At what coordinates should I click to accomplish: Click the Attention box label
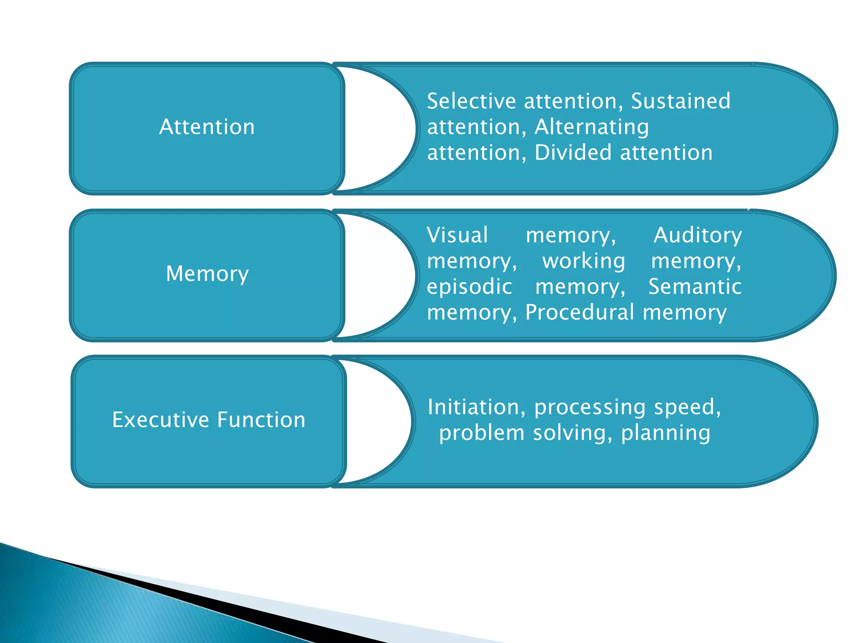click(x=207, y=127)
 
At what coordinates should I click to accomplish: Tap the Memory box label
click(x=208, y=274)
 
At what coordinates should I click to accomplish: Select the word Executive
click(x=159, y=420)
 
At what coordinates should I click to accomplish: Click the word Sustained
click(x=680, y=101)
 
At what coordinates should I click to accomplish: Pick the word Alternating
click(x=592, y=127)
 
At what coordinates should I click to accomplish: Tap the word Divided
click(x=573, y=153)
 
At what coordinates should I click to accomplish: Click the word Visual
click(x=457, y=235)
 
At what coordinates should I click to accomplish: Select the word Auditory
click(x=698, y=235)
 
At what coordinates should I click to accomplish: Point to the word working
click(x=584, y=261)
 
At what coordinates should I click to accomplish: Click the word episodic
click(x=470, y=287)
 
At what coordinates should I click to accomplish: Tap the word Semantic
click(x=695, y=287)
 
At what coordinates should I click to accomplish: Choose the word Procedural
click(x=579, y=313)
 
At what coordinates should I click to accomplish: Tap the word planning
click(x=665, y=433)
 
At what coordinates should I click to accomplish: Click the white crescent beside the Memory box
click(x=377, y=275)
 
